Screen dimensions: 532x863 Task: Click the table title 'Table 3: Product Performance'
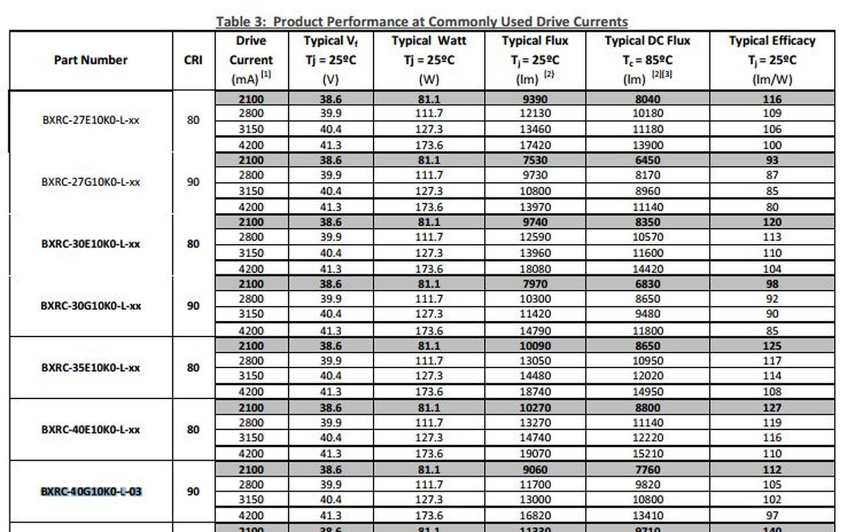421,22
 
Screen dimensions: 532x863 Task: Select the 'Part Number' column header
90,60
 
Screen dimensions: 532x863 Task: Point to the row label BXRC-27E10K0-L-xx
90,121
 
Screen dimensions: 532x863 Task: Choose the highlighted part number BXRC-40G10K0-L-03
91,492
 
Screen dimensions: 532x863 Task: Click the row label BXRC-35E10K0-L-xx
90,368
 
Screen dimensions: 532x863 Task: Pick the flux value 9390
535,99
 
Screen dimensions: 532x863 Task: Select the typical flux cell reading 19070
535,454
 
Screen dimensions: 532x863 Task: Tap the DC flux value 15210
648,454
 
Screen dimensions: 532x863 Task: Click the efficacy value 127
772,407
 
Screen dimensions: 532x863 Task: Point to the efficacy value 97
772,516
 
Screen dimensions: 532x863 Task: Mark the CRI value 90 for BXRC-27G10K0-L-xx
193,182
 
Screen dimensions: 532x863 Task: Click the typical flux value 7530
535,160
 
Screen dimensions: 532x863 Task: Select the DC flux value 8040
648,99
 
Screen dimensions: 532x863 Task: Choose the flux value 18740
535,392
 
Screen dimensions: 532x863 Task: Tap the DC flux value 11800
648,330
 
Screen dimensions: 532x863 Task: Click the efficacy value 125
772,346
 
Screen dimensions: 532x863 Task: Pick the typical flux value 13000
535,500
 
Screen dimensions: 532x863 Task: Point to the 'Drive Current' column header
251,59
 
